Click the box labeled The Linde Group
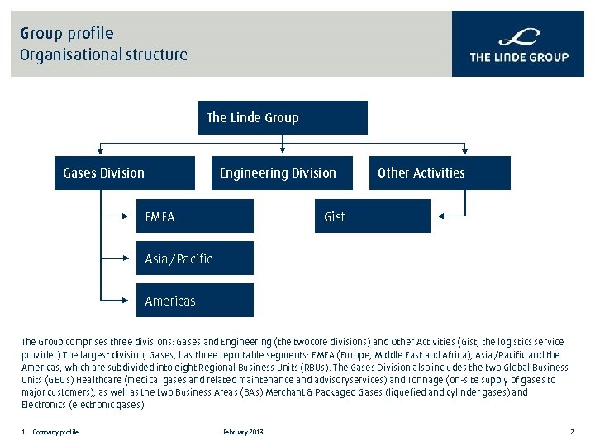coord(283,117)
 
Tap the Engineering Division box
coord(281,173)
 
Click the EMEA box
coord(195,216)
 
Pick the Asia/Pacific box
coord(195,259)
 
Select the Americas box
coord(195,301)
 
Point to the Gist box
coord(372,216)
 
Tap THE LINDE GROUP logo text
coord(519,57)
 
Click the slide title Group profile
coord(67,33)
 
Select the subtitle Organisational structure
coord(104,55)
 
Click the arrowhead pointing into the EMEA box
coord(132,216)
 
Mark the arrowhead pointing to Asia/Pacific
coord(132,259)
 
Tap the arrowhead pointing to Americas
coord(132,301)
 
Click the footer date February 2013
coord(243,433)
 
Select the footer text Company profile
coord(55,433)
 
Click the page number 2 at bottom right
coord(571,433)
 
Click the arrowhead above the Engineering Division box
coord(283,152)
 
